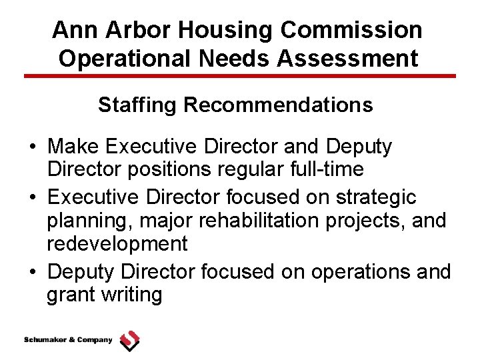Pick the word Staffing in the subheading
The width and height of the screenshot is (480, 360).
coord(137,105)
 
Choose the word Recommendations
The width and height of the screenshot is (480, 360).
coord(279,105)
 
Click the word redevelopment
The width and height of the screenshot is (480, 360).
coord(117,244)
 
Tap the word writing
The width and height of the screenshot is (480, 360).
coord(131,295)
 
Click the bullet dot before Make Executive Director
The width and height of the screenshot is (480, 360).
coord(33,147)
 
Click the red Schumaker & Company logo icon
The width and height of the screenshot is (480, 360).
coord(129,341)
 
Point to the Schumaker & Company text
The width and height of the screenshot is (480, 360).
coord(68,341)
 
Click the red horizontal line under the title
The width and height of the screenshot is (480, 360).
coord(240,76)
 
